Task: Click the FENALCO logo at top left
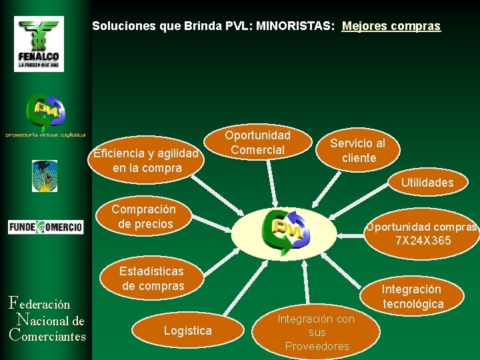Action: (39, 43)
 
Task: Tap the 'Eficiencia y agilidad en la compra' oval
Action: (147, 161)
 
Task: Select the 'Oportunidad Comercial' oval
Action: (257, 143)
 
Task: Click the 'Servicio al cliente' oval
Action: (358, 151)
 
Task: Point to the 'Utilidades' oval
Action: (427, 183)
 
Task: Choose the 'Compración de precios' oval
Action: (145, 217)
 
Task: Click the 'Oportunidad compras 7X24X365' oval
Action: (423, 233)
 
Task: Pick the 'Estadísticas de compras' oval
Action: (152, 279)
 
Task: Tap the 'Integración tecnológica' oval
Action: (412, 297)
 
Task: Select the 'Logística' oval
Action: (187, 331)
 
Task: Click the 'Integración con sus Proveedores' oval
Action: (317, 332)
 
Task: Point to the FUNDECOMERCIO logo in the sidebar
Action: (45, 227)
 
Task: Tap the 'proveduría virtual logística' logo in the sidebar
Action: (45, 117)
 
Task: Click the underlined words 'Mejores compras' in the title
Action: (391, 26)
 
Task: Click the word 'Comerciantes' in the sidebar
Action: (48, 335)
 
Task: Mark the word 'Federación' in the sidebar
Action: (41, 303)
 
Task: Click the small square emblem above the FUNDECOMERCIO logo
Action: (45, 176)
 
